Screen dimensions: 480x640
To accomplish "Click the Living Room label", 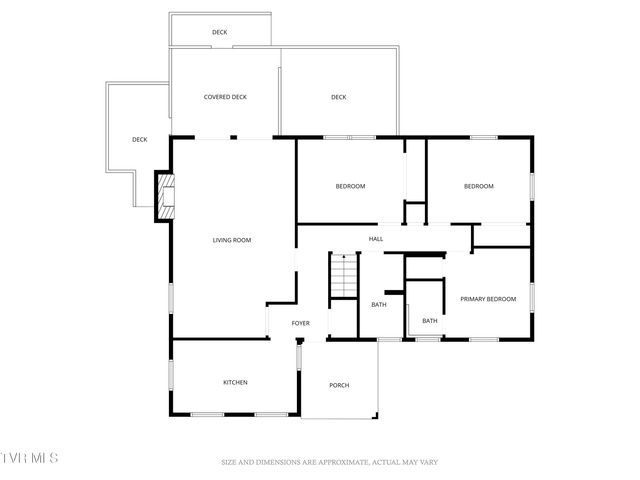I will point(231,240).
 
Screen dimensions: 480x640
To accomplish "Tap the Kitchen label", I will point(235,382).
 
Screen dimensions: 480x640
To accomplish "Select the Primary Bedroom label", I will point(488,299).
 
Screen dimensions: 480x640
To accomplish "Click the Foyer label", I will point(300,323).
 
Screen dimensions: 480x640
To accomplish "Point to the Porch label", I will point(340,385).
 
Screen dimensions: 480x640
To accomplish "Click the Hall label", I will point(376,239).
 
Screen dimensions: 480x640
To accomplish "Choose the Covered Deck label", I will point(225,97).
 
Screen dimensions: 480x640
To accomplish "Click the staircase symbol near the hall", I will point(344,275).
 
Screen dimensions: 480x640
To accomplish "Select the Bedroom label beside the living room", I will point(350,187).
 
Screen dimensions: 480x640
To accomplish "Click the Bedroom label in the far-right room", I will point(479,187).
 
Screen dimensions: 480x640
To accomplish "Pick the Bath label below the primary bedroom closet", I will point(429,321).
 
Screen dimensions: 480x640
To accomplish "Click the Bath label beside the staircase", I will point(379,305).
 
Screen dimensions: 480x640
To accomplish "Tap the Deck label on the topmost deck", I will point(219,32).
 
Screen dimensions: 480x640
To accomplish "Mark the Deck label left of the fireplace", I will point(139,139).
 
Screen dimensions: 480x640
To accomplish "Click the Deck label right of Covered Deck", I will point(338,97).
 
